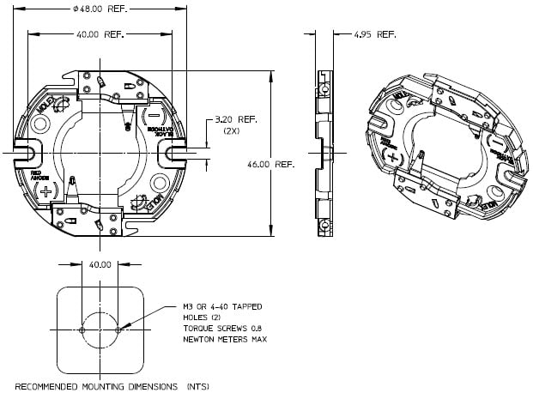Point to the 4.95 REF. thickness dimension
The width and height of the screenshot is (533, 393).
click(375, 35)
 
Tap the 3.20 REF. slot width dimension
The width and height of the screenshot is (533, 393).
click(227, 121)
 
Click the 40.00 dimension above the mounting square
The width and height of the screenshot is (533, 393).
click(100, 264)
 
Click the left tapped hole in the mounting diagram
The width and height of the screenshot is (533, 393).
click(82, 330)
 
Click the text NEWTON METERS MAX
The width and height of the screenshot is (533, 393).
click(225, 340)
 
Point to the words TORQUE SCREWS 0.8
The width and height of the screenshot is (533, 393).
click(225, 329)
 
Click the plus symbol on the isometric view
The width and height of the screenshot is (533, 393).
click(391, 158)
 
